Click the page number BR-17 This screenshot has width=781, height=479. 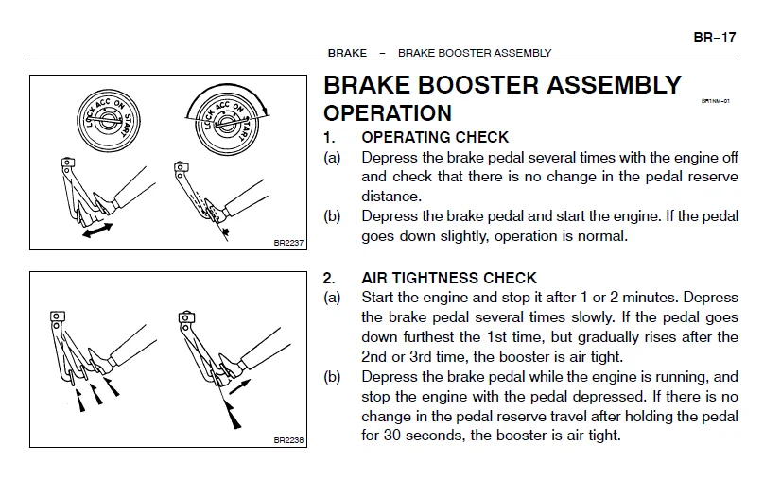click(714, 37)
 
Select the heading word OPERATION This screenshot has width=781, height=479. click(388, 113)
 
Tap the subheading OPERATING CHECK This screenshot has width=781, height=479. click(435, 137)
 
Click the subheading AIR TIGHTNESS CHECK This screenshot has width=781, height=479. click(449, 278)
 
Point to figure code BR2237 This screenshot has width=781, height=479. click(287, 243)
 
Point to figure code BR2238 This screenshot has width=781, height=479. click(287, 439)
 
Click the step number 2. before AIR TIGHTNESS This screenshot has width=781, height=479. click(329, 278)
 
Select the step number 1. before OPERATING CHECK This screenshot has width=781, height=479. click(329, 137)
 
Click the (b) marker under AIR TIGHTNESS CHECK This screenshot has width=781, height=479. click(332, 376)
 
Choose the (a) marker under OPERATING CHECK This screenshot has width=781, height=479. click(332, 157)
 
